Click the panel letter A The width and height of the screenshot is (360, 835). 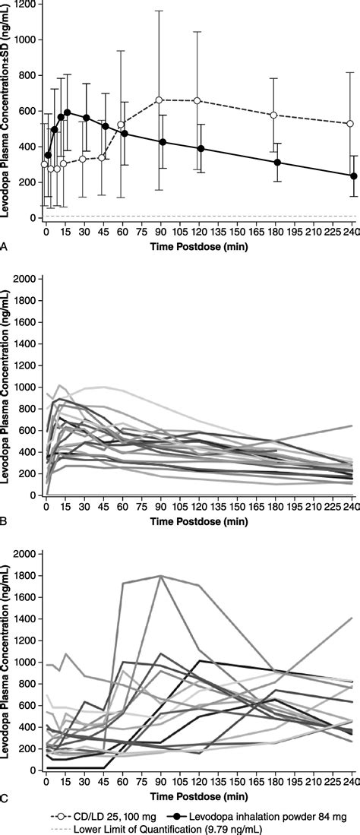pyautogui.click(x=6, y=246)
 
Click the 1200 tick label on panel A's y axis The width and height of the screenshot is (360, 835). pyautogui.click(x=27, y=4)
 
